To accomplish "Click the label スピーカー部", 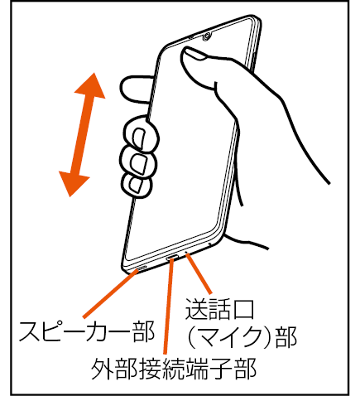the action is [x=86, y=331].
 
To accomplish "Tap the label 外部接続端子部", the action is [x=174, y=369].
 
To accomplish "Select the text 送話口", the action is [x=219, y=308].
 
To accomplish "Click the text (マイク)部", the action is [x=242, y=337].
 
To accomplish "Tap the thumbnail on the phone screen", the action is [x=195, y=53].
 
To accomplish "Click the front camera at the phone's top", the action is [x=207, y=36].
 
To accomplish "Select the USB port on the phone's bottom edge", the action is [x=172, y=258].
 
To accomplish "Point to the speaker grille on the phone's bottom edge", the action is [x=142, y=268].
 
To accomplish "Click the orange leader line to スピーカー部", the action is [x=111, y=293].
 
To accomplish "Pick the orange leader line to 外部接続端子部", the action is [x=169, y=306].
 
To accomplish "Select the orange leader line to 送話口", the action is [x=199, y=273].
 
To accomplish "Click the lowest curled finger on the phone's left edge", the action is [x=137, y=186].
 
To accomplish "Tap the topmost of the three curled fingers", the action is [x=142, y=134].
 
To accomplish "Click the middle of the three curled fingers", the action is [x=138, y=162].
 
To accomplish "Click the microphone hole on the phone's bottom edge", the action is [x=185, y=253].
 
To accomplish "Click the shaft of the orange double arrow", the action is [x=82, y=135].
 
